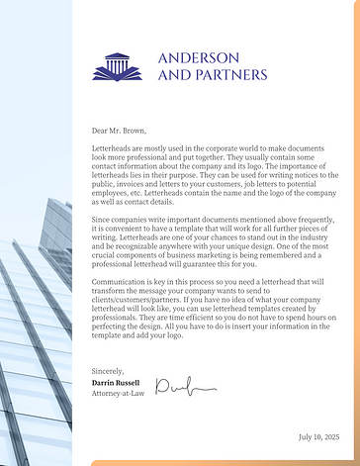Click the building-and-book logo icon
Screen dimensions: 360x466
point(117,67)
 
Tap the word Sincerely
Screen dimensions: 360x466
point(109,371)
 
